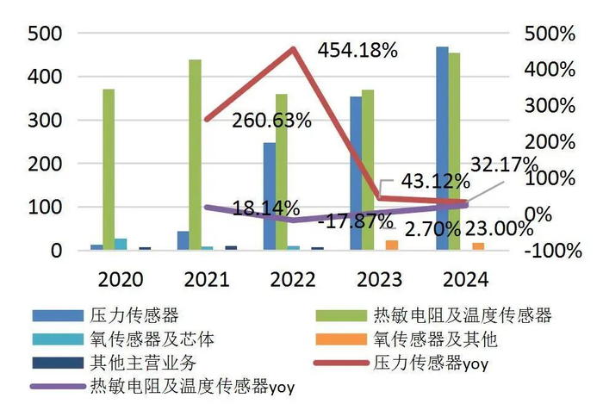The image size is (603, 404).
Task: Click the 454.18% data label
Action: click(x=357, y=50)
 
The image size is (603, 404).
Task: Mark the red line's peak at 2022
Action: click(x=293, y=49)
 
